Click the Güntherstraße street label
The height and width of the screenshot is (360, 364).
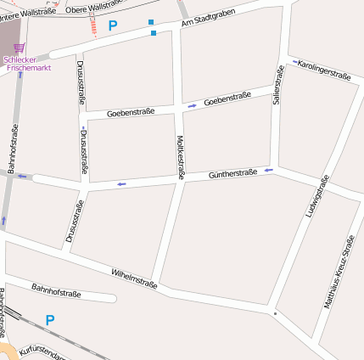coord(232,174)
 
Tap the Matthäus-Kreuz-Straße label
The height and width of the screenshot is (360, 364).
coord(341,272)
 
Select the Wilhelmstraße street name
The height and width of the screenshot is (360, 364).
coord(134,279)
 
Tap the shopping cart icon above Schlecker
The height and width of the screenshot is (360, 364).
coord(19,48)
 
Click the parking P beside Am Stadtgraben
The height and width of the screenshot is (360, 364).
coord(113,26)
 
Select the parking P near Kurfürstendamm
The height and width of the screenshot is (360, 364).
coord(49,321)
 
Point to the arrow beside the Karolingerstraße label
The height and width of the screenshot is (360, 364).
coord(294,62)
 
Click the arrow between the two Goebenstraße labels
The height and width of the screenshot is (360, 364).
coord(193,105)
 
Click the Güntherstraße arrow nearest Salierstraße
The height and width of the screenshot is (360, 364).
coord(268,170)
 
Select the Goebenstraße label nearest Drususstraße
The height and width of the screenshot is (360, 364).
coord(131,112)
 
